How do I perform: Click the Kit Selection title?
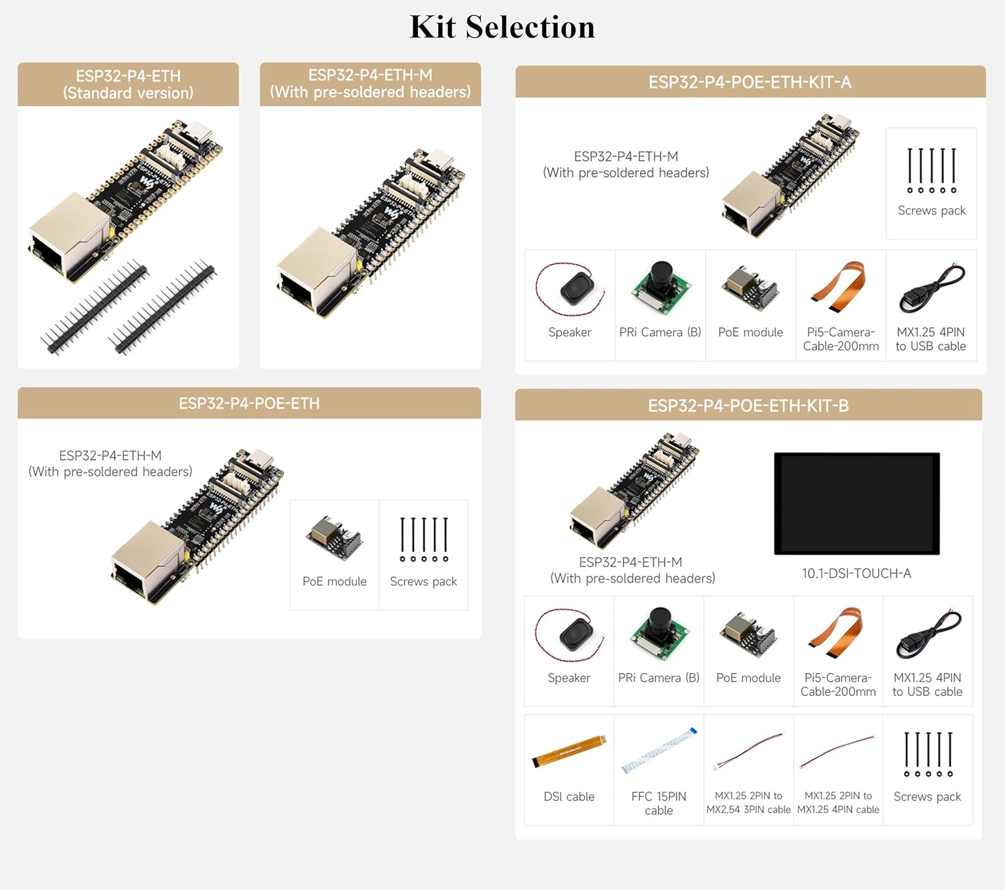(x=502, y=27)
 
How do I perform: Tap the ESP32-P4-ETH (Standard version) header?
(x=128, y=84)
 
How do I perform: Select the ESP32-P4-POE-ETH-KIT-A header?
(x=750, y=82)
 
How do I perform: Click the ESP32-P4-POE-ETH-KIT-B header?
(x=748, y=406)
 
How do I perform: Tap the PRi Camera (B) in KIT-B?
(x=659, y=633)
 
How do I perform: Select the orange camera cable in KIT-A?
(x=840, y=287)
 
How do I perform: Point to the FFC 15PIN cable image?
(x=659, y=750)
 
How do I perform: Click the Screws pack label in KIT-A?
(x=931, y=210)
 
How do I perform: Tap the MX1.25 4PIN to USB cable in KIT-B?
(x=928, y=634)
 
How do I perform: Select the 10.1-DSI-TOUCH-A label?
(x=856, y=573)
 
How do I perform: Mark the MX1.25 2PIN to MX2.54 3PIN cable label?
(x=748, y=802)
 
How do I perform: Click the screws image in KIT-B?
(x=928, y=754)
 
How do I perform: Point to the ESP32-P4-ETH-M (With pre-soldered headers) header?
(x=370, y=84)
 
